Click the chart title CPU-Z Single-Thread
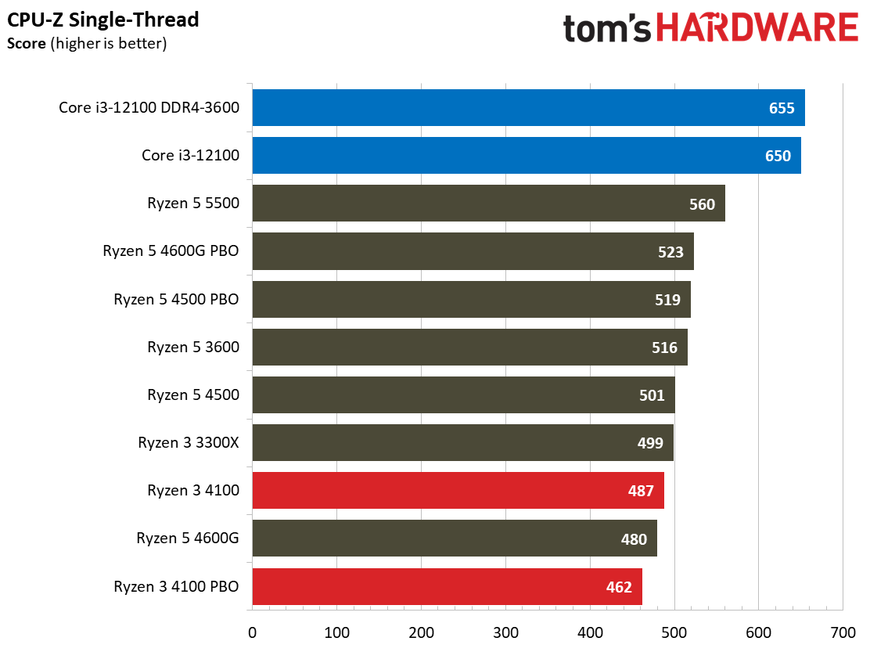[103, 20]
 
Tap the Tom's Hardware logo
[710, 28]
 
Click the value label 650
[778, 156]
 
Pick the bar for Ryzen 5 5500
[469, 204]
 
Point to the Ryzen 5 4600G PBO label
[171, 251]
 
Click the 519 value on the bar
[668, 299]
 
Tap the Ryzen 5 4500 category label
[193, 395]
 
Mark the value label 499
[650, 443]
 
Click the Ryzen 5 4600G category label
[188, 539]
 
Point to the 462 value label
[619, 586]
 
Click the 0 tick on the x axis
[252, 632]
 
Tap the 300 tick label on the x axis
[505, 632]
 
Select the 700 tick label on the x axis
[843, 632]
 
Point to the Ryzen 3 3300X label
[189, 443]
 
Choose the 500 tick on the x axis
[674, 632]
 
